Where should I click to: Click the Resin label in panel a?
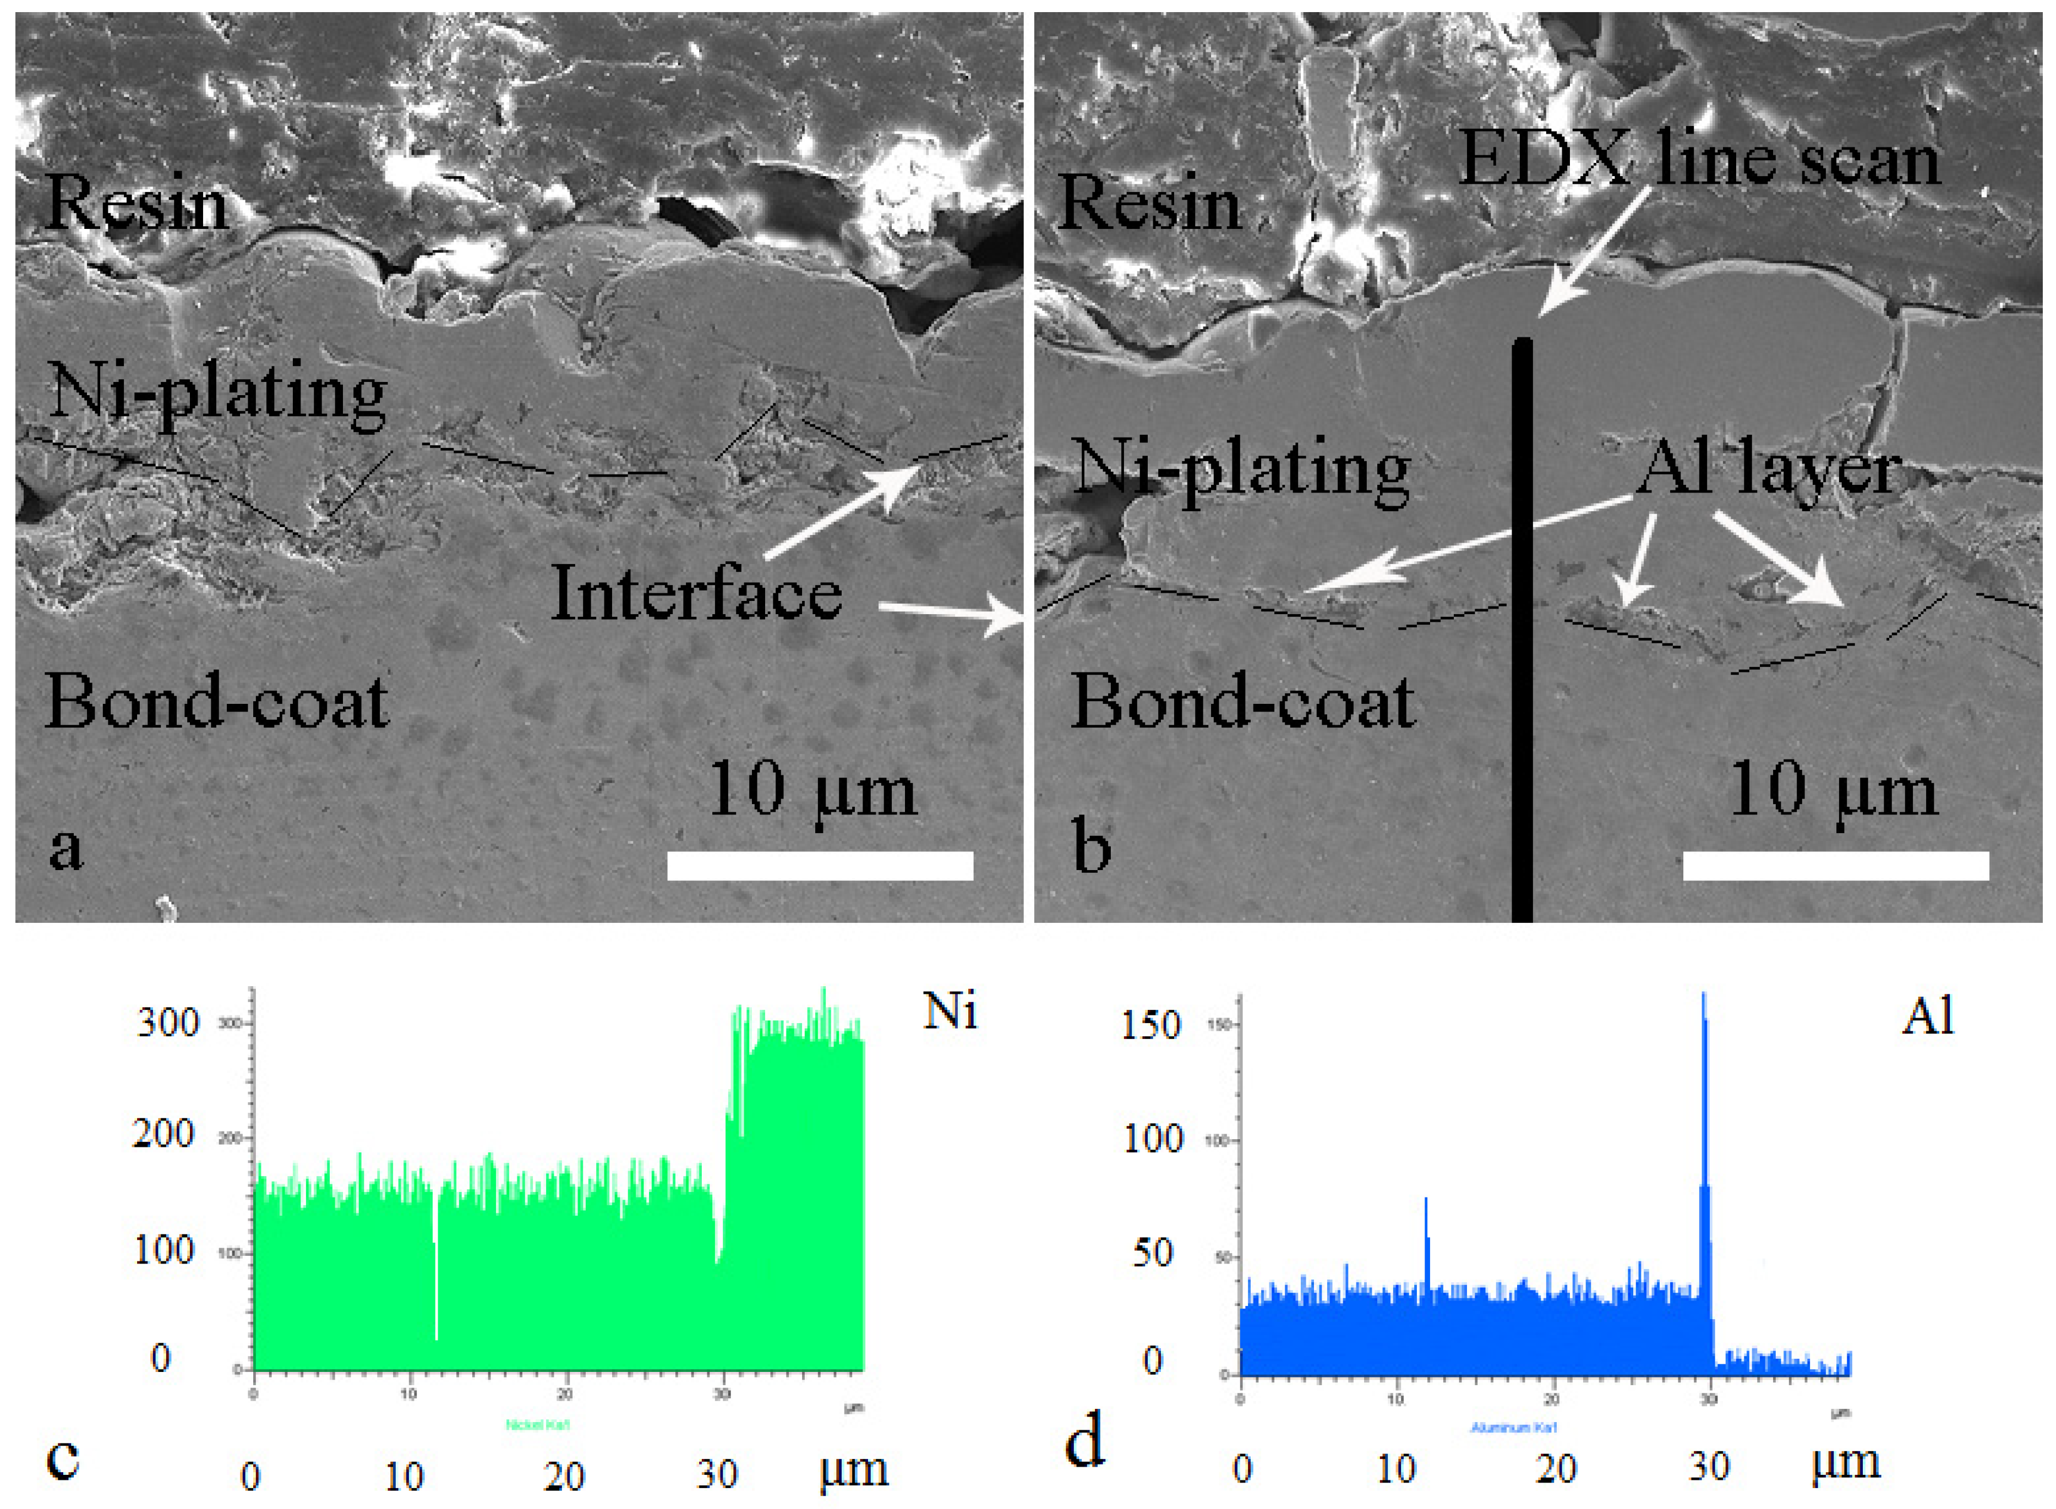pyautogui.click(x=135, y=202)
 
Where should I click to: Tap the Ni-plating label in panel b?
pyautogui.click(x=1240, y=471)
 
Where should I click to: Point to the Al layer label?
pyautogui.click(x=1768, y=471)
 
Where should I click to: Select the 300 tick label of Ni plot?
pyautogui.click(x=167, y=1023)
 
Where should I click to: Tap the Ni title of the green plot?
pyautogui.click(x=950, y=1012)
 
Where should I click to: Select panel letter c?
pyautogui.click(x=62, y=1459)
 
